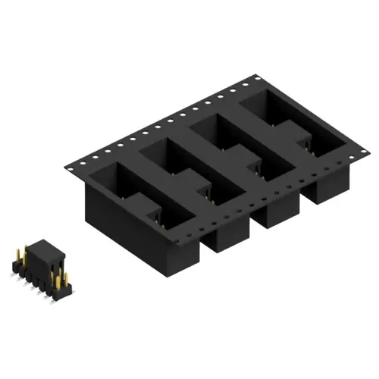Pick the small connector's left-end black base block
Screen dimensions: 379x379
tap(16, 266)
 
